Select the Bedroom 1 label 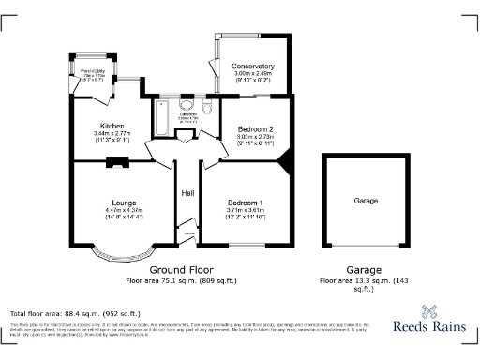point(248,202)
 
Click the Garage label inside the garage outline point(366,201)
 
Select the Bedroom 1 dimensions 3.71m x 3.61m point(248,210)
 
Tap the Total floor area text point(75,313)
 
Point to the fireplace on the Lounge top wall point(116,161)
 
